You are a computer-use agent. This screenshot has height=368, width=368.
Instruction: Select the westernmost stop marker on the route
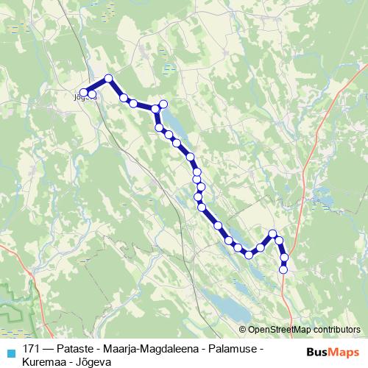coord(84,93)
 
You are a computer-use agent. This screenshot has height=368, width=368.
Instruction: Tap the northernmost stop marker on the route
coord(108,78)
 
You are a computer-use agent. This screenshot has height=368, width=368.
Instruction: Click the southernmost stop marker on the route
coord(283,270)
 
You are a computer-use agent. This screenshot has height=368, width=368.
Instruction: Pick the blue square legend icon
coord(10,353)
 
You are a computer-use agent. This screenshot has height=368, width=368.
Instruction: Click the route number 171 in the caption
coord(32,347)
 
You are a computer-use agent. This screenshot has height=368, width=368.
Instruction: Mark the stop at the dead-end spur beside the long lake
coord(163,104)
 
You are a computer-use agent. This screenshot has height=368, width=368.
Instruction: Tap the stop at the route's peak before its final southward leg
coord(273,234)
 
